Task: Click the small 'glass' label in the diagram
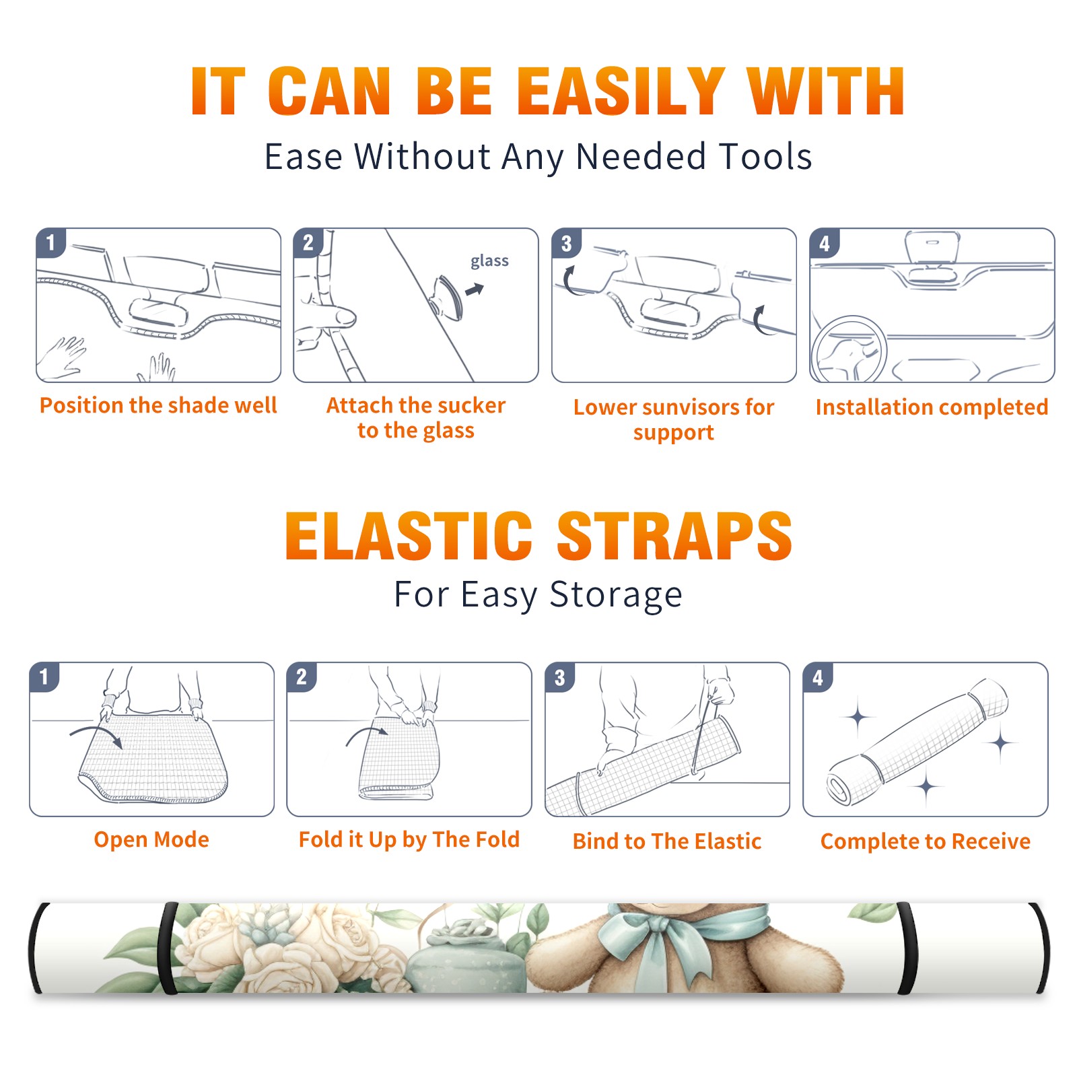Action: [489, 261]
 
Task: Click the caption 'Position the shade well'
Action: [158, 405]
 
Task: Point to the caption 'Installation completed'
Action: [932, 407]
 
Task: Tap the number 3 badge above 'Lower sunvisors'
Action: [566, 243]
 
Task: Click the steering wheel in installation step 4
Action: [849, 349]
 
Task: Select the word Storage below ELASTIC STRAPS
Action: [616, 594]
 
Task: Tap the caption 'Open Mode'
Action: [151, 839]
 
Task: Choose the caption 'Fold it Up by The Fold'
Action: [409, 839]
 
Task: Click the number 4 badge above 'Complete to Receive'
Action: [818, 677]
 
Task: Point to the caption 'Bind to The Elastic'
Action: [667, 841]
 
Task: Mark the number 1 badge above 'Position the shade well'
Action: [50, 242]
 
